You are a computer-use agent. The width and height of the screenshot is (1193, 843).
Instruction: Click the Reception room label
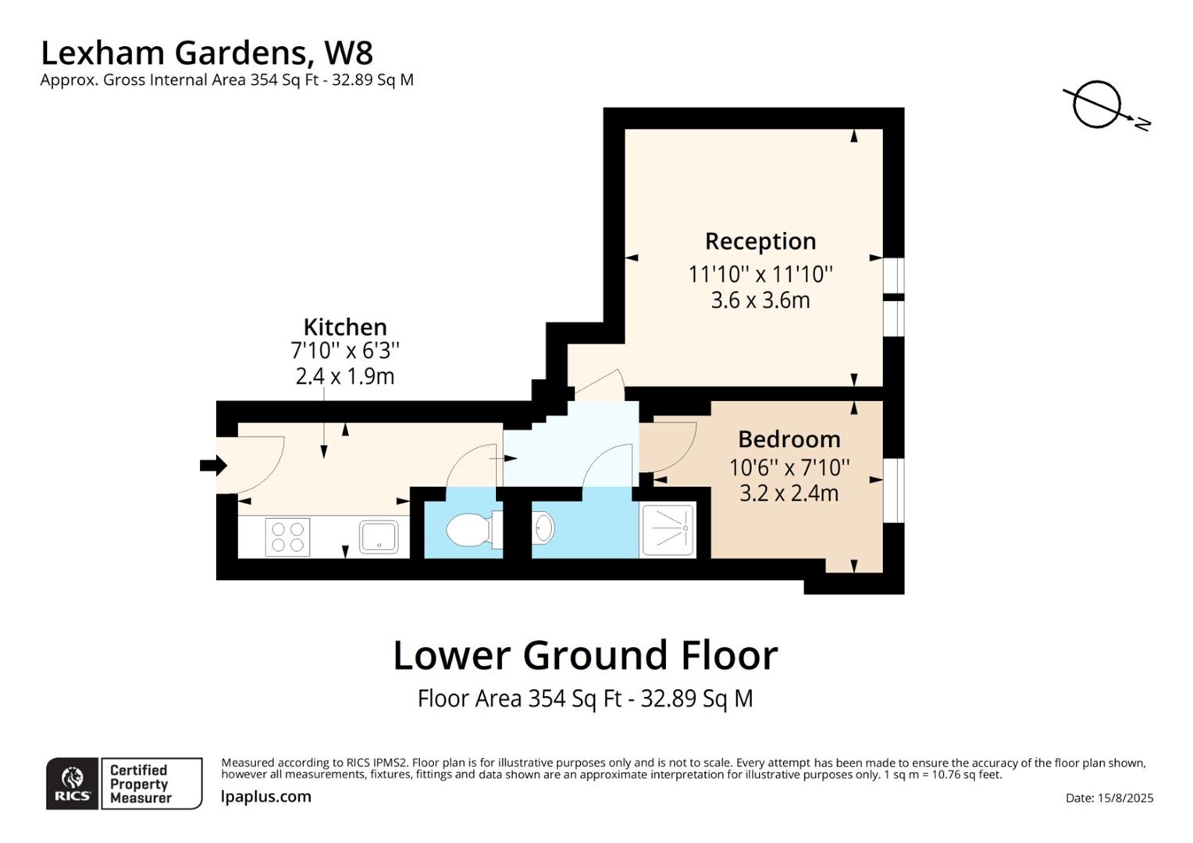tap(760, 241)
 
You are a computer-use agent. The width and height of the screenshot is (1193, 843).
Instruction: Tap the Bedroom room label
tap(789, 439)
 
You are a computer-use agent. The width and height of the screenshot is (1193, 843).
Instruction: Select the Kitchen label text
tap(344, 326)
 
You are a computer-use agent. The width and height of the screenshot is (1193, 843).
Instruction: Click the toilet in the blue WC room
tap(468, 530)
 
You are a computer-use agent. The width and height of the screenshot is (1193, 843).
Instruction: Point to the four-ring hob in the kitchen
tap(287, 537)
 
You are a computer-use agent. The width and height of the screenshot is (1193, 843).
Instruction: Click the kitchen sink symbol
tap(379, 537)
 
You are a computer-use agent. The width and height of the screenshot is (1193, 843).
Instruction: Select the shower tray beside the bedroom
tap(668, 530)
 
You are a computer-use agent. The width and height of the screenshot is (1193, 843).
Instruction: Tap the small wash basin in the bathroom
tap(544, 528)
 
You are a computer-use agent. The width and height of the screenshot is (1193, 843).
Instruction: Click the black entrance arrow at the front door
tap(212, 466)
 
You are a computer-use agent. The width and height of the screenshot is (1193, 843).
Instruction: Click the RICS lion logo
tap(73, 782)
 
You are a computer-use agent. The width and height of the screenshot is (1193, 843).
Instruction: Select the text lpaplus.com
tap(265, 797)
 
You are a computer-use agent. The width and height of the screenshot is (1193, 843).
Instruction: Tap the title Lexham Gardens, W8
tap(206, 53)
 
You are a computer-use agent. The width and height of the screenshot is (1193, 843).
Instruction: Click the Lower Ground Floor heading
tap(585, 655)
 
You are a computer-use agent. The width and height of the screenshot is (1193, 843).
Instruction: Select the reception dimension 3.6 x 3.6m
tap(760, 301)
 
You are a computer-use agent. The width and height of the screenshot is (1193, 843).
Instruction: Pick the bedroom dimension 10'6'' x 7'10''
tap(789, 468)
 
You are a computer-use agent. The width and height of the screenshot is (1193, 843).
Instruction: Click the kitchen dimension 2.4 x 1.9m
tap(344, 376)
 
